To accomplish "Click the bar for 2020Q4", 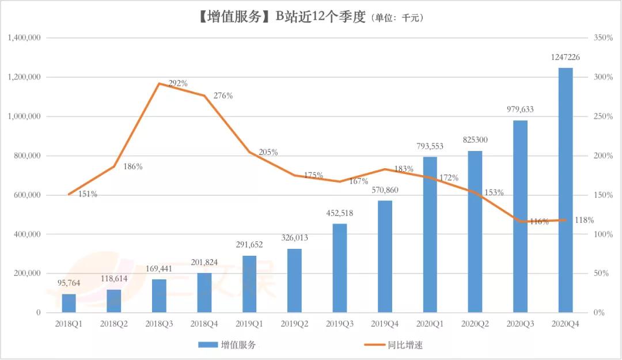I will click(x=566, y=190).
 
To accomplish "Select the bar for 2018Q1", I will click(x=69, y=303).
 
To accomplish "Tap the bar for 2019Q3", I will click(x=340, y=268).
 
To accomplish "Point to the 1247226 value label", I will click(x=566, y=57).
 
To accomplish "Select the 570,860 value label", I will click(x=385, y=190).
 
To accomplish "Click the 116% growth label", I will click(x=539, y=221).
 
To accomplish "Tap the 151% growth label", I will click(x=88, y=194).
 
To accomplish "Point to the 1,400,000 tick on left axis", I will click(x=24, y=37).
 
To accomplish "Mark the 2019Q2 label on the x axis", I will click(x=294, y=324).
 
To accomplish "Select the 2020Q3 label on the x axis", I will click(x=520, y=324).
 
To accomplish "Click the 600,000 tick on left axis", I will click(x=26, y=195).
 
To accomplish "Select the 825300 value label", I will click(x=475, y=140).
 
